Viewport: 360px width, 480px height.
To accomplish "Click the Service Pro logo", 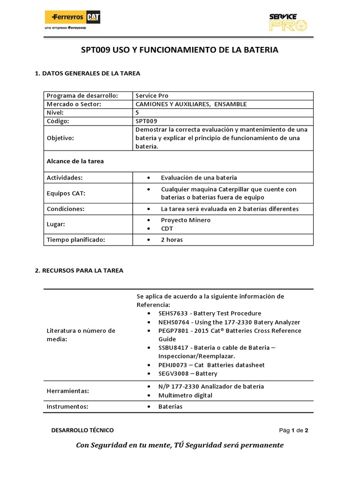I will coord(288,22).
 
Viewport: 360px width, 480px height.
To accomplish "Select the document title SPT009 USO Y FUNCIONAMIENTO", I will coord(180,50).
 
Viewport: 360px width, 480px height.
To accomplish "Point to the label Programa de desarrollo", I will coord(82,96).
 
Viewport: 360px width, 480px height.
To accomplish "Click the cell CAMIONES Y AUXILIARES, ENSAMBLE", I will coord(191,104).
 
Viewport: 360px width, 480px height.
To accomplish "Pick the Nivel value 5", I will coord(137,112).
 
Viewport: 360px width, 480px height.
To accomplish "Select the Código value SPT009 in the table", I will coord(146,121).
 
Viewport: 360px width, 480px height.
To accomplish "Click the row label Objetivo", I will coord(60,138).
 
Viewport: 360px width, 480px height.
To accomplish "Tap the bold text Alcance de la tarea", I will coord(75,161).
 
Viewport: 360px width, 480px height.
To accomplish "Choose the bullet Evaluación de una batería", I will coord(199,178).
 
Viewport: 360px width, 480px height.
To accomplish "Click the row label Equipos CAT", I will coord(66,193).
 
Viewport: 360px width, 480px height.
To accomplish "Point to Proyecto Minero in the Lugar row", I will coord(186,220).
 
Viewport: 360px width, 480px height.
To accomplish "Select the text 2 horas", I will coord(172,240).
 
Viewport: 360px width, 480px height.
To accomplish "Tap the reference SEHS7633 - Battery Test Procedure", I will coord(210,313).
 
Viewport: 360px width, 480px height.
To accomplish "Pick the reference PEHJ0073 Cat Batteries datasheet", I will coord(211,365).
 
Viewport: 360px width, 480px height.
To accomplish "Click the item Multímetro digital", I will coord(185,395).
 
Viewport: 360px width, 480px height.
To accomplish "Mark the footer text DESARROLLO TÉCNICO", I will coord(82,430).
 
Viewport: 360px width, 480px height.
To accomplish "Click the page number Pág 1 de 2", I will coord(293,430).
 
